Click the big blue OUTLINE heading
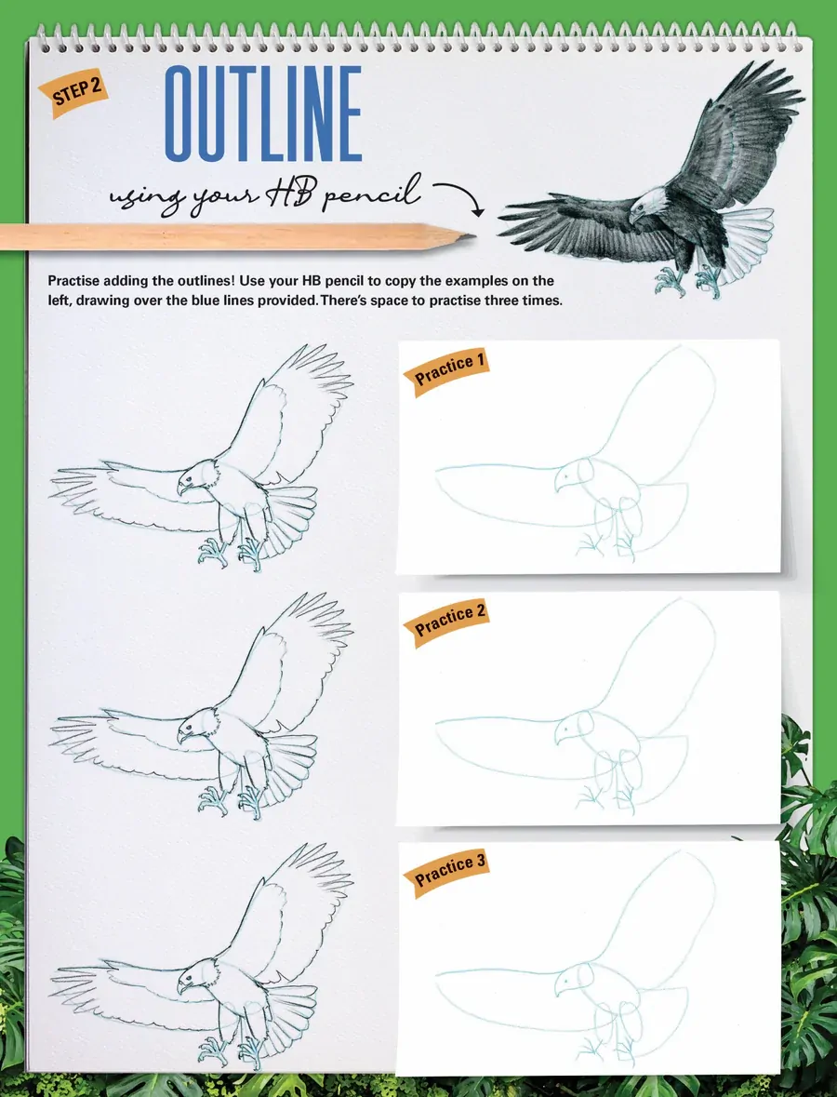[263, 114]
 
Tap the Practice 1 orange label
[446, 372]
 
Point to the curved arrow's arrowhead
[478, 210]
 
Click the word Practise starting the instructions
[74, 281]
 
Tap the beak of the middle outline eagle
[182, 737]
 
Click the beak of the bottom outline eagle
[182, 985]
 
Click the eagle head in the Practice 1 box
[574, 475]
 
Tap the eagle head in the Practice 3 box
[574, 980]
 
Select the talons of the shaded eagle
[689, 281]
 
